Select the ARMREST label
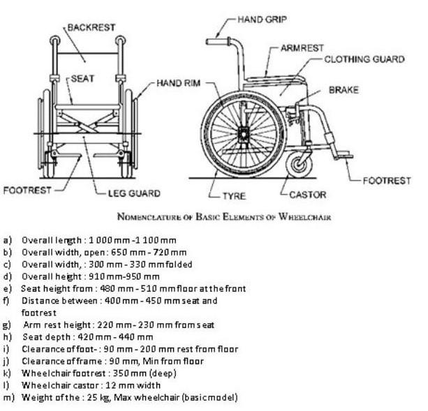click(302, 48)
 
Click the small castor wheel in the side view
click(300, 164)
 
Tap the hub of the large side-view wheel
click(243, 133)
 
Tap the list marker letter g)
click(8, 324)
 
